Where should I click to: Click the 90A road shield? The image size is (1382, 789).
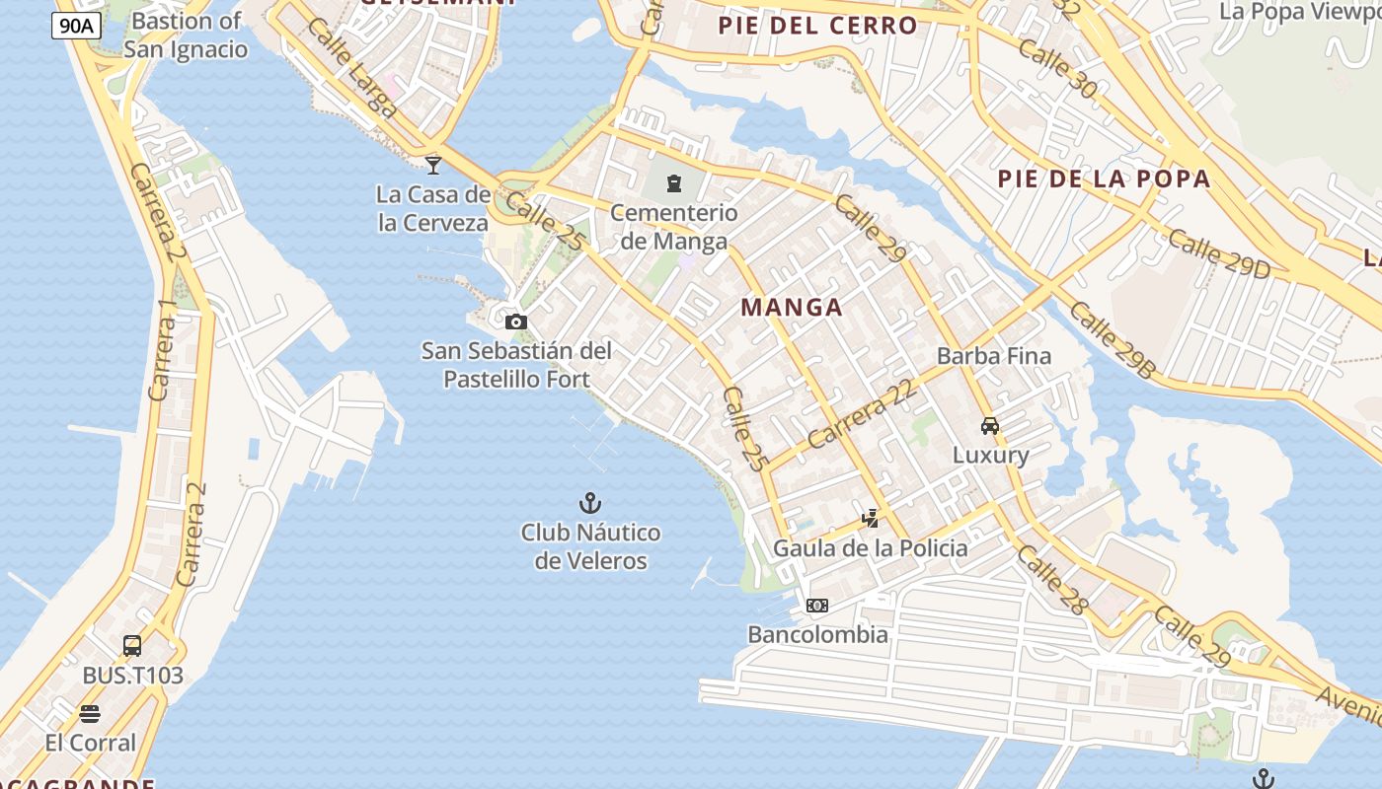pos(76,26)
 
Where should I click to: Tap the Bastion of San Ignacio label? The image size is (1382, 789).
pos(186,35)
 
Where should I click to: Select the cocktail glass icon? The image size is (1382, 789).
pos(433,165)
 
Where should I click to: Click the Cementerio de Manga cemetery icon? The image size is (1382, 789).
pos(674,183)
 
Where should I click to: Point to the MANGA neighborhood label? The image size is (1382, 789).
pos(792,307)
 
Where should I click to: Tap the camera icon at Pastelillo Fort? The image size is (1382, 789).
pos(515,322)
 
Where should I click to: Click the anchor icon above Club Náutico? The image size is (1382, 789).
pos(590,504)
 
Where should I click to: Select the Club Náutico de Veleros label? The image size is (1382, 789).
pos(590,546)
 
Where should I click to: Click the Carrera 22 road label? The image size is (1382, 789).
pos(862,416)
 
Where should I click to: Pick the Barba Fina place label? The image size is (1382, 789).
pos(994,356)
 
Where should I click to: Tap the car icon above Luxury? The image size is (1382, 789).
pos(990,426)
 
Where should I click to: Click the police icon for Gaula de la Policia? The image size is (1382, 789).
pos(870,518)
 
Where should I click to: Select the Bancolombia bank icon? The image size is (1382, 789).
pos(817,606)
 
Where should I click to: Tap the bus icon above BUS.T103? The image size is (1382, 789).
pos(132,646)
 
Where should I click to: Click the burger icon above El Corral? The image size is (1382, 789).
pos(90,713)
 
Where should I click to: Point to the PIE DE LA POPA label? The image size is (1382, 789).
pos(1104,179)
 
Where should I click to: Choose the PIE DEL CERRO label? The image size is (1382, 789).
pos(818,25)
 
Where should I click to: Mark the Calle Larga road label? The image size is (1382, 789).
pos(351,67)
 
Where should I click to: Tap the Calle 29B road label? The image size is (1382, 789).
pos(1112,340)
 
